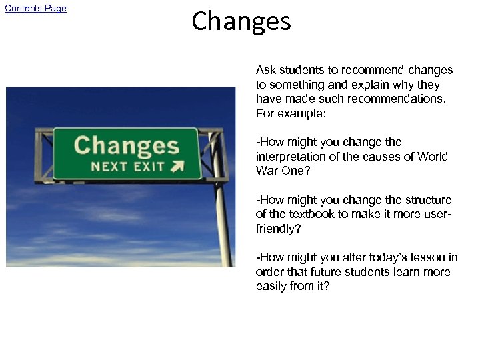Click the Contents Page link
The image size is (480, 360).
click(36, 9)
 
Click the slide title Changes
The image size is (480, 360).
click(241, 21)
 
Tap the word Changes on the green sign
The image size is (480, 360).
click(126, 145)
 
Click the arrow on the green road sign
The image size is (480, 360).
click(177, 167)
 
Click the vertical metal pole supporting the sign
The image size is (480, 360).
click(221, 213)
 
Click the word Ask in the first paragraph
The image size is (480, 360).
click(266, 70)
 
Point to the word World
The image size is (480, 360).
click(434, 157)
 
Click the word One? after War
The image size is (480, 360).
click(293, 171)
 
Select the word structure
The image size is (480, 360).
click(423, 200)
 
